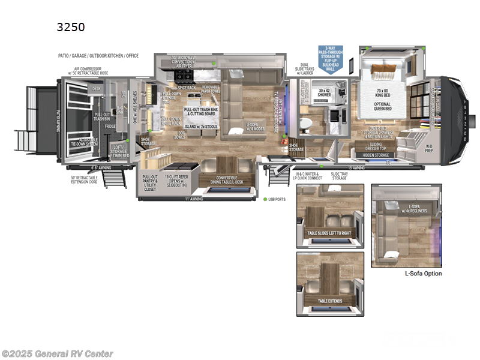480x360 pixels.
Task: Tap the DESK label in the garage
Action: point(97,88)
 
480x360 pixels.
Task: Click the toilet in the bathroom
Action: point(304,122)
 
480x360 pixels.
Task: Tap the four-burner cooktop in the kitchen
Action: point(184,76)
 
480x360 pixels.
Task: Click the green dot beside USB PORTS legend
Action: point(264,199)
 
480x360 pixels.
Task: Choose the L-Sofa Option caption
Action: point(424,274)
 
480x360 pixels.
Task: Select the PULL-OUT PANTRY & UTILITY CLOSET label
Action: point(149,182)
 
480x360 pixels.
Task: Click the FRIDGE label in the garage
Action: point(110,127)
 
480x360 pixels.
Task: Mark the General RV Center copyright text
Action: point(57,354)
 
